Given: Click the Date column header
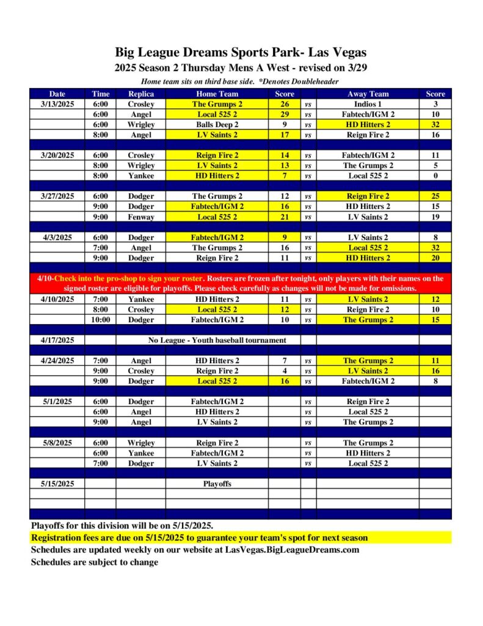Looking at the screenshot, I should point(57,94).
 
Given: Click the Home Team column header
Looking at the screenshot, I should point(217,94).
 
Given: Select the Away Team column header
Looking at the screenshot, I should point(368,94).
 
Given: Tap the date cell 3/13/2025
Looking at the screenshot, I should point(57,104).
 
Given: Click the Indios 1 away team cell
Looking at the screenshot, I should point(368,104).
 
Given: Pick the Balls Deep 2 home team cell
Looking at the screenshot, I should point(217,125).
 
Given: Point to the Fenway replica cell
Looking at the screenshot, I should point(141,217).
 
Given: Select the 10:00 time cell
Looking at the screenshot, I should point(101,320).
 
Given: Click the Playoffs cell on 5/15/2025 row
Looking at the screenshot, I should point(217,484).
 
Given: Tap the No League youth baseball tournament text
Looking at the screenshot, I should point(217,340).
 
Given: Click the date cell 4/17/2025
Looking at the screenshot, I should point(57,340).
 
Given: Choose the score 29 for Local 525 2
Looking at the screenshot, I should point(285,114).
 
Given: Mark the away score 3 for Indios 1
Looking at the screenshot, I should point(436,104).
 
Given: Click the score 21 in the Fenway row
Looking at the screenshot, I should point(285,217).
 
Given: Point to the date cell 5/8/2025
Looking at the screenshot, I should point(57,443).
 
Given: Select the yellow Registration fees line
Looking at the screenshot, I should point(199,538).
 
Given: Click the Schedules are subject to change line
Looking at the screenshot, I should point(95,562).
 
